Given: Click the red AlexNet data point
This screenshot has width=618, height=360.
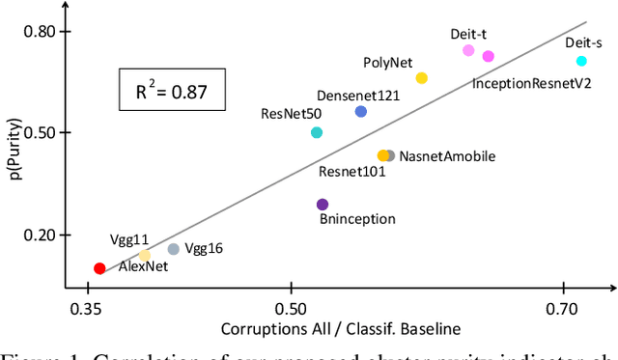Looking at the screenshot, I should [x=99, y=268].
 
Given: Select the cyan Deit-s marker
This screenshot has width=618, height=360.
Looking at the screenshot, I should [x=581, y=61].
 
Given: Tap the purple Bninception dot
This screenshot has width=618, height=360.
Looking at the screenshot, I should [x=323, y=204].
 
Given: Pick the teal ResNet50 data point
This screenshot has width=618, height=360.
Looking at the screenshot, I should [x=317, y=132].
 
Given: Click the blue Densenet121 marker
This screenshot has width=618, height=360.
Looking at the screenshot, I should [x=361, y=111].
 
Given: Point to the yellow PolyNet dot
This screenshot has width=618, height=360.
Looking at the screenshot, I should [x=421, y=78].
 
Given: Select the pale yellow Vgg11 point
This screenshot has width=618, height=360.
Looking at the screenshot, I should [x=145, y=256].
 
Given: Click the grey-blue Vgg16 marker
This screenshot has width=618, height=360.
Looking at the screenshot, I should [x=174, y=249].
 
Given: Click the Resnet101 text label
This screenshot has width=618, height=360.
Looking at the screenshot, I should [x=352, y=172].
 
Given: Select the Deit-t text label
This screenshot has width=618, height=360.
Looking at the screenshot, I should [x=468, y=34].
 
